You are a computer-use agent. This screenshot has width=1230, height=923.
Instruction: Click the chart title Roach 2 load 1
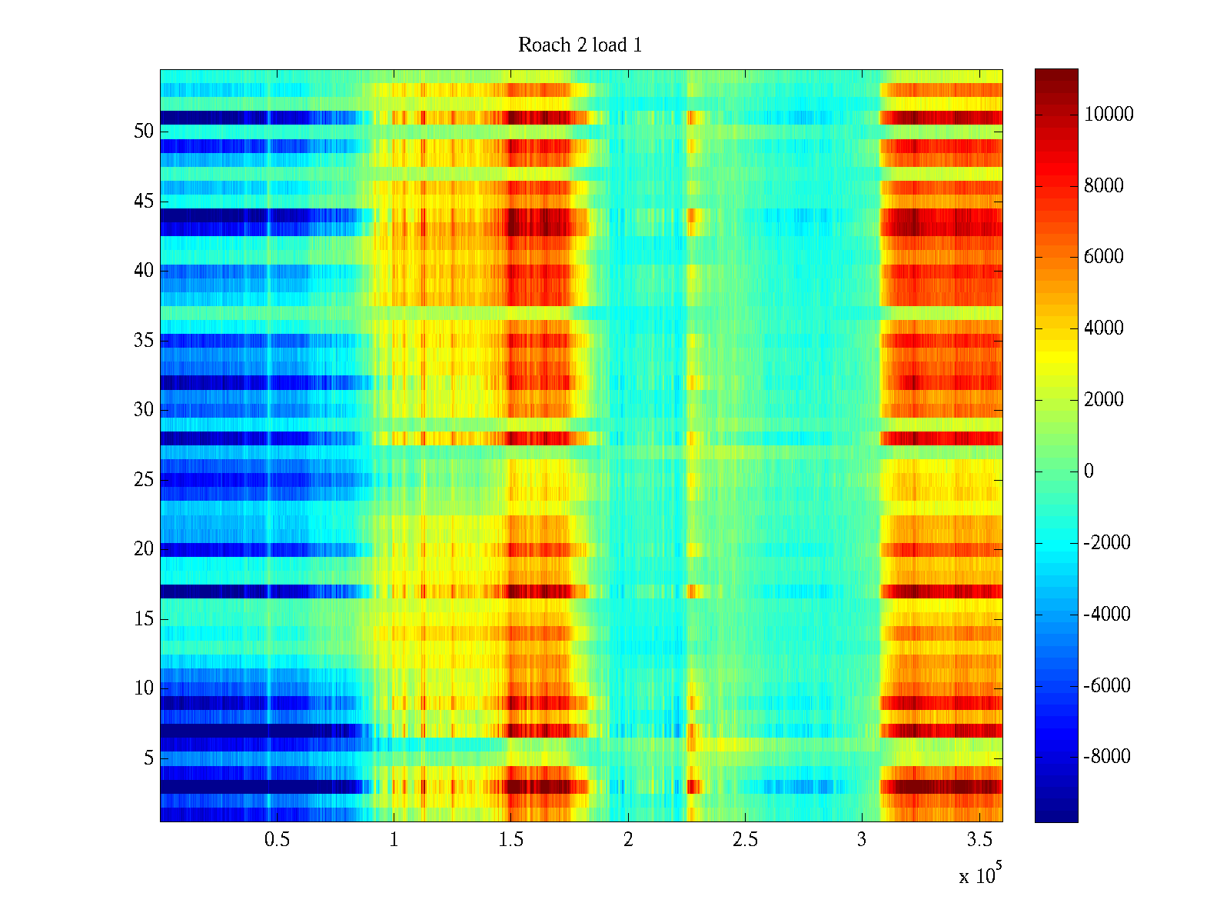[x=580, y=45]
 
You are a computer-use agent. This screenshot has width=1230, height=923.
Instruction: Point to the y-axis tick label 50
[x=144, y=132]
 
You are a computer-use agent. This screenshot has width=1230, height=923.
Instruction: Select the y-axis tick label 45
[x=144, y=202]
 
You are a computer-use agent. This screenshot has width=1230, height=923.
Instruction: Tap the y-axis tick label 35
[x=144, y=340]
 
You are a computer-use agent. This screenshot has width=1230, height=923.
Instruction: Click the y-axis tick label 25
[x=144, y=480]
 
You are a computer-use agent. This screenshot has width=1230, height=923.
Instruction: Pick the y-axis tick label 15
[x=144, y=618]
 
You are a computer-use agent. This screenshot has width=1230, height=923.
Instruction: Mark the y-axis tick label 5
[x=148, y=758]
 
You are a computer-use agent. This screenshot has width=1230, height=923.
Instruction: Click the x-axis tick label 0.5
[x=277, y=840]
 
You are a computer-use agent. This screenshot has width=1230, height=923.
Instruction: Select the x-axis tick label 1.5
[x=510, y=840]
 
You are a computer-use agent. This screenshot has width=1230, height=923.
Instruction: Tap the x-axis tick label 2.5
[x=745, y=840]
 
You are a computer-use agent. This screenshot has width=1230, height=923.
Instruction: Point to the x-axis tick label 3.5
[x=979, y=840]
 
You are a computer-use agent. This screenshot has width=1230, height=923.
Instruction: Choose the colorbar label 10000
[x=1109, y=115]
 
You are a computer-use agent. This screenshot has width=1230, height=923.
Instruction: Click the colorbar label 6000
[x=1104, y=257]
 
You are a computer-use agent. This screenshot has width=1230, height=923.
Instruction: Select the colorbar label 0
[x=1089, y=471]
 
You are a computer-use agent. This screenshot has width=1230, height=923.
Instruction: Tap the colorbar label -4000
[x=1107, y=614]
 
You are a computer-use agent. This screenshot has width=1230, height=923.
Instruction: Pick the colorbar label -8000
[x=1107, y=757]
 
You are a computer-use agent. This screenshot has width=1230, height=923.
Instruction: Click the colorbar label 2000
[x=1104, y=400]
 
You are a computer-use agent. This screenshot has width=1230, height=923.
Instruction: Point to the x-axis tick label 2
[x=628, y=840]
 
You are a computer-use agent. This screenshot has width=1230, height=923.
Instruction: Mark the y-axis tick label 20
[x=144, y=549]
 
